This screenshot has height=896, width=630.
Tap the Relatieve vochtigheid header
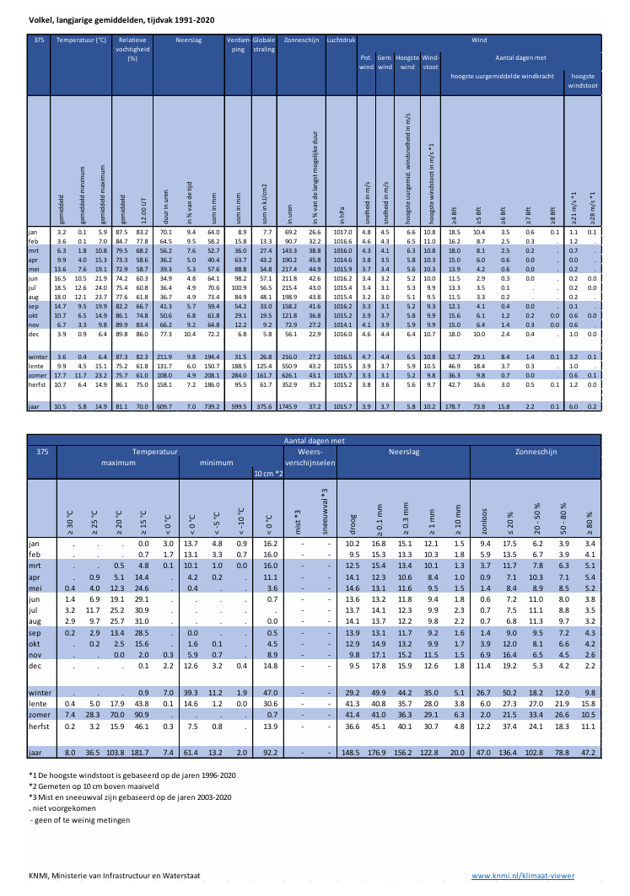coord(132,49)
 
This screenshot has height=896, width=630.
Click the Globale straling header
coord(264,45)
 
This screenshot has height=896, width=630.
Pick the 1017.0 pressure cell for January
coord(342,231)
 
